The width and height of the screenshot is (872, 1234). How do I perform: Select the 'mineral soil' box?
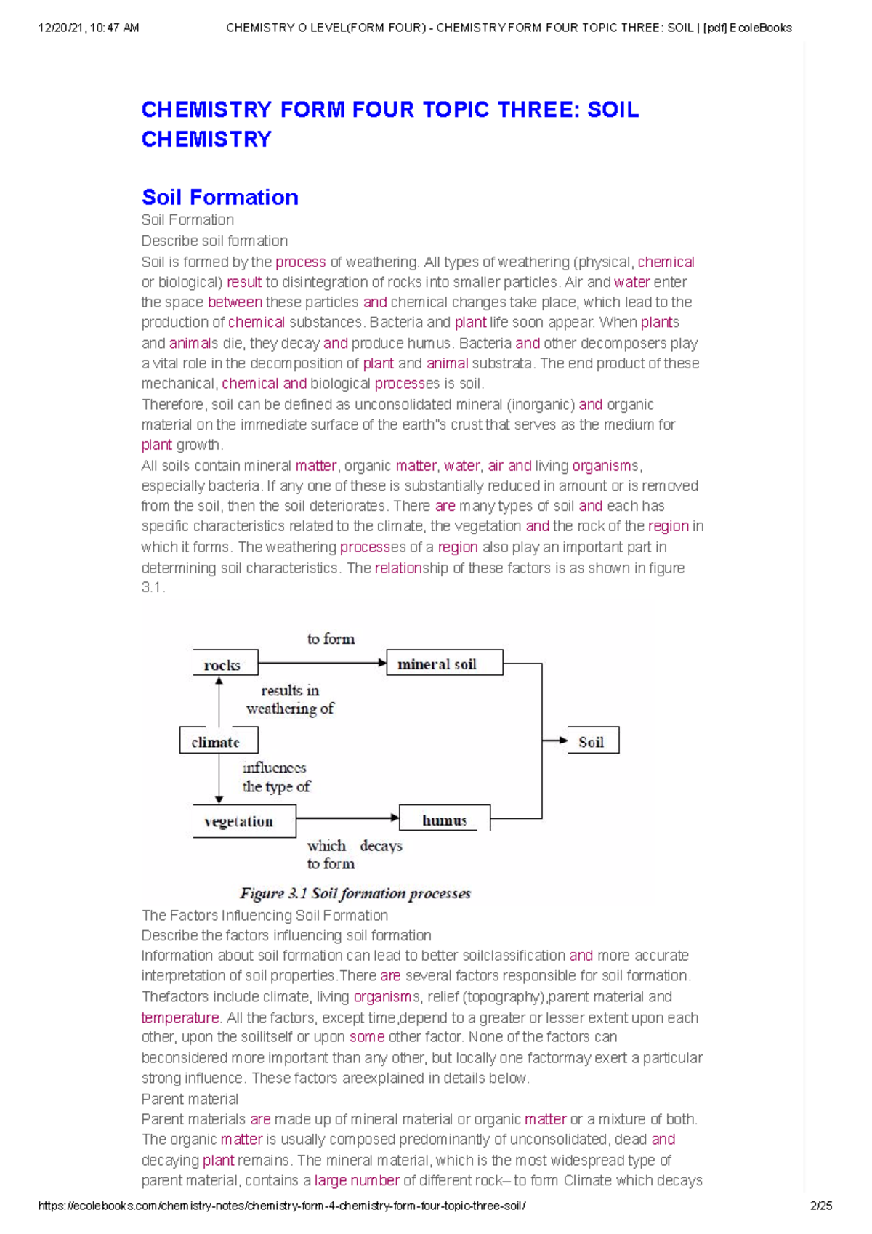pos(444,664)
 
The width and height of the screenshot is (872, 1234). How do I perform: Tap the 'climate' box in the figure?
pos(218,741)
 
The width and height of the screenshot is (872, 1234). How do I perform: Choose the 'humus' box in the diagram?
pos(445,820)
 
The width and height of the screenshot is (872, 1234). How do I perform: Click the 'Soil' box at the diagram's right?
pos(593,741)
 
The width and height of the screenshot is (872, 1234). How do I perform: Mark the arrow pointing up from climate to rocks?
pos(219,701)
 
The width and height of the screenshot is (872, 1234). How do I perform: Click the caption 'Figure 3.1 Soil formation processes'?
pos(355,893)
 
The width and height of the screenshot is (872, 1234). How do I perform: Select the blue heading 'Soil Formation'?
pos(219,197)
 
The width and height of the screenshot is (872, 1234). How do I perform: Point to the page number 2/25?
pos(821,1206)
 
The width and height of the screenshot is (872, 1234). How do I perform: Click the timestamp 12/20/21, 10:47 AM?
pos(89,28)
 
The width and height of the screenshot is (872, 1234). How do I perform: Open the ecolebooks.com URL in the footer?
pos(282,1206)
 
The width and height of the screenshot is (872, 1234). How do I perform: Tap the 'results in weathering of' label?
pos(290,699)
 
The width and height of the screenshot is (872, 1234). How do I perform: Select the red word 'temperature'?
pos(179,1017)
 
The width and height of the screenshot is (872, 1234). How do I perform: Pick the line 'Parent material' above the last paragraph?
pos(190,1099)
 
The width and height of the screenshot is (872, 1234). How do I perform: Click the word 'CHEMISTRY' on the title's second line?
pos(206,139)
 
